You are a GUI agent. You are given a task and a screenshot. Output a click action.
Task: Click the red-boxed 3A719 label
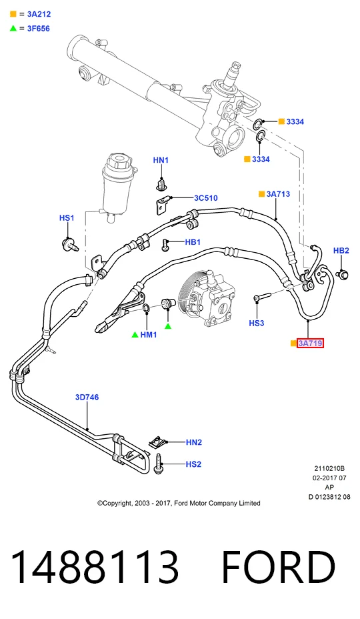310,344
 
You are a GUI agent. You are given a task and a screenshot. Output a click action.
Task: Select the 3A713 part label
278,194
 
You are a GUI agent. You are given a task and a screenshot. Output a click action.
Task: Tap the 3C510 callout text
205,198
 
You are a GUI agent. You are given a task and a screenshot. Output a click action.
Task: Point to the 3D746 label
87,397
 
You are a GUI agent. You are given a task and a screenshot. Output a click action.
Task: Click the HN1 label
161,160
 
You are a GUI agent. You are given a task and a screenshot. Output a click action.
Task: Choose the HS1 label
67,218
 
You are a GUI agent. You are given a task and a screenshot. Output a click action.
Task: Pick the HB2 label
341,250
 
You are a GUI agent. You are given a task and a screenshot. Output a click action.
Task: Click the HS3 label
257,323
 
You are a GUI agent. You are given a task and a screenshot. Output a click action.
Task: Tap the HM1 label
149,335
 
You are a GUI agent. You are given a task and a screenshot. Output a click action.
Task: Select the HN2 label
194,442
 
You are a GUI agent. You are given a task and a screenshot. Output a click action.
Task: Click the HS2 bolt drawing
159,464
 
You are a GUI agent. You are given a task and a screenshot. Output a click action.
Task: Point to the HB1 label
193,241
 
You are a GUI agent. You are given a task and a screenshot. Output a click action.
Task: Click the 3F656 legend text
38,29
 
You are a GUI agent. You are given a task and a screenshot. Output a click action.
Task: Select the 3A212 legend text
39,14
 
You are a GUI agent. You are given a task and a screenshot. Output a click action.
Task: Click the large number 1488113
95,567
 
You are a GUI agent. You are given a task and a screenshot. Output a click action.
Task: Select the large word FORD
279,567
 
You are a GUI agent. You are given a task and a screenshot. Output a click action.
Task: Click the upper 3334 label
295,121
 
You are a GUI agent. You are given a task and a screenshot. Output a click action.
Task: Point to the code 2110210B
329,469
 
